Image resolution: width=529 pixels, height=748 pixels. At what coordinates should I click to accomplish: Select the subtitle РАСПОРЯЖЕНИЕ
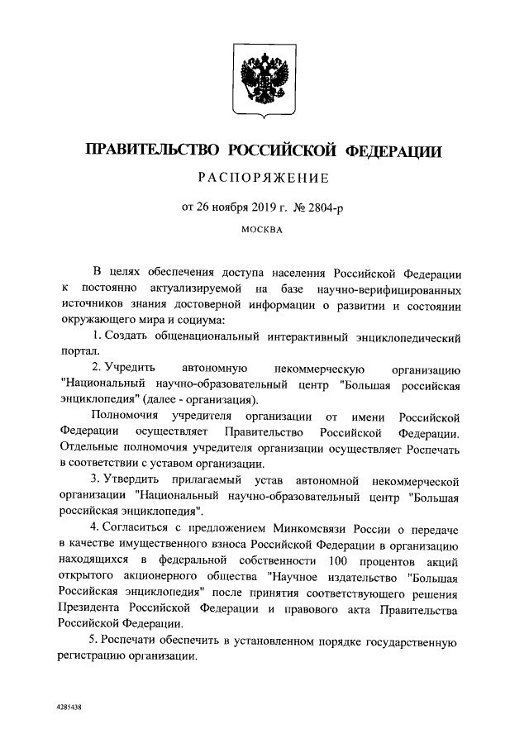264,178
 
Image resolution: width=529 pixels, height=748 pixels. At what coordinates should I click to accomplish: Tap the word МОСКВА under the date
263,230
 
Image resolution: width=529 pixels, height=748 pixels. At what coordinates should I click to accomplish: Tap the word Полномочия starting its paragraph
126,416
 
